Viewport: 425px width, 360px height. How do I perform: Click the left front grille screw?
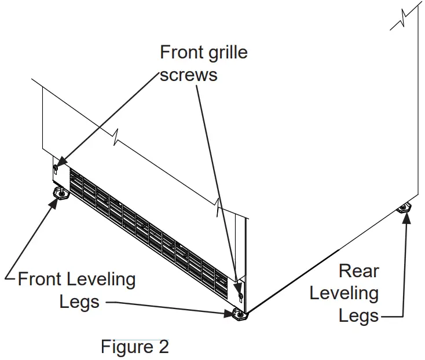[x=56, y=168]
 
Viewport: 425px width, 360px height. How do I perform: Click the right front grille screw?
[x=240, y=296]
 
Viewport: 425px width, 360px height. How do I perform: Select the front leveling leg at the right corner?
[x=239, y=314]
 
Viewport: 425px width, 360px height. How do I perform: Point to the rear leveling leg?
[x=404, y=208]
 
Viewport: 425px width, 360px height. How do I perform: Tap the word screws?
[x=189, y=75]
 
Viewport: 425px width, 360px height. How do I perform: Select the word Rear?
[x=359, y=271]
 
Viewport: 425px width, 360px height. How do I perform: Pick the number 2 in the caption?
[x=163, y=347]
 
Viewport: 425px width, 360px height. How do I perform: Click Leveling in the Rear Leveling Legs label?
[x=344, y=293]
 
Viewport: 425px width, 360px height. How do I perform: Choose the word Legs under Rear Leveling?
[x=359, y=315]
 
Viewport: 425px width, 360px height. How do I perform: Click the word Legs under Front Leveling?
[x=79, y=302]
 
